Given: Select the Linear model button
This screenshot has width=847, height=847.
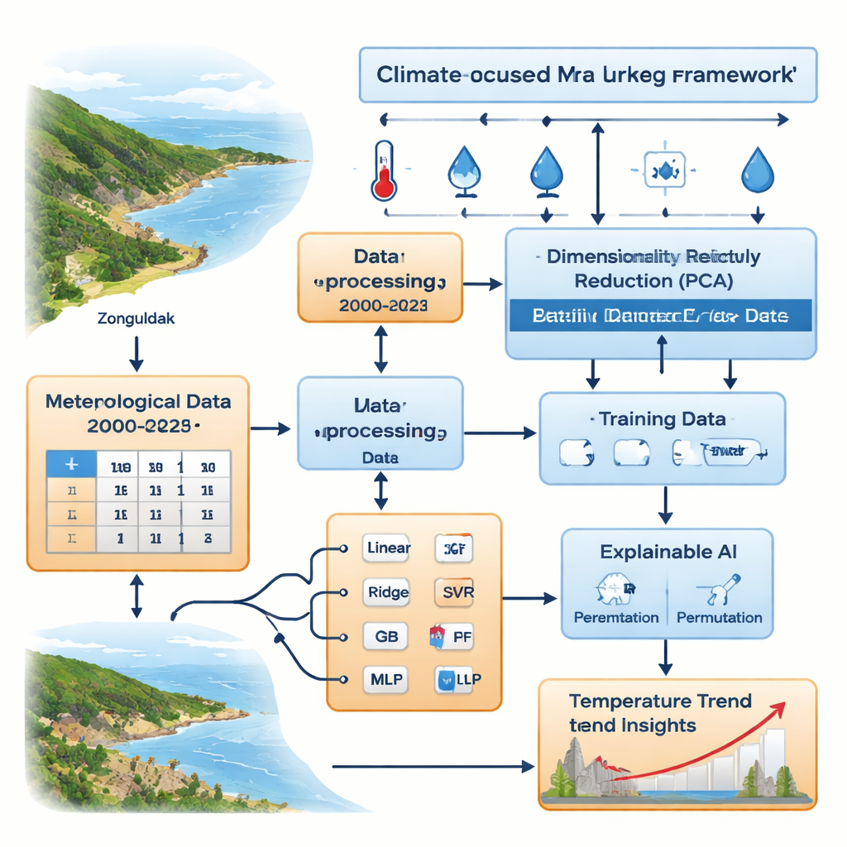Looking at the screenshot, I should click(387, 548).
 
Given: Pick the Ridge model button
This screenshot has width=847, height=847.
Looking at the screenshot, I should click(387, 591).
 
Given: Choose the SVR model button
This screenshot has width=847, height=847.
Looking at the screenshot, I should click(453, 591).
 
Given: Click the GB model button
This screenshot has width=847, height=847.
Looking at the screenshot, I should click(386, 636).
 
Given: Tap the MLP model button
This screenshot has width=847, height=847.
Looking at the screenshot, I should click(386, 679).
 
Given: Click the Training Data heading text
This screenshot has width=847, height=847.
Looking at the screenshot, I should click(663, 419).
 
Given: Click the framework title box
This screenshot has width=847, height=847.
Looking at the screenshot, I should click(587, 74).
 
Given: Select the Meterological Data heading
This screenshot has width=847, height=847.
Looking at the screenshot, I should click(138, 403).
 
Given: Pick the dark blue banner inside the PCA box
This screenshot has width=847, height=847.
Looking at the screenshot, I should click(660, 316).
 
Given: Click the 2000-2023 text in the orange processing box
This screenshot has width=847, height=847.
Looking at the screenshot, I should click(380, 305).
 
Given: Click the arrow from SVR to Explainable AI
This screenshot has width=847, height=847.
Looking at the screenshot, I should click(529, 596).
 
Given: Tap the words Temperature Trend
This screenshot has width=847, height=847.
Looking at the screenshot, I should click(660, 701).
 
